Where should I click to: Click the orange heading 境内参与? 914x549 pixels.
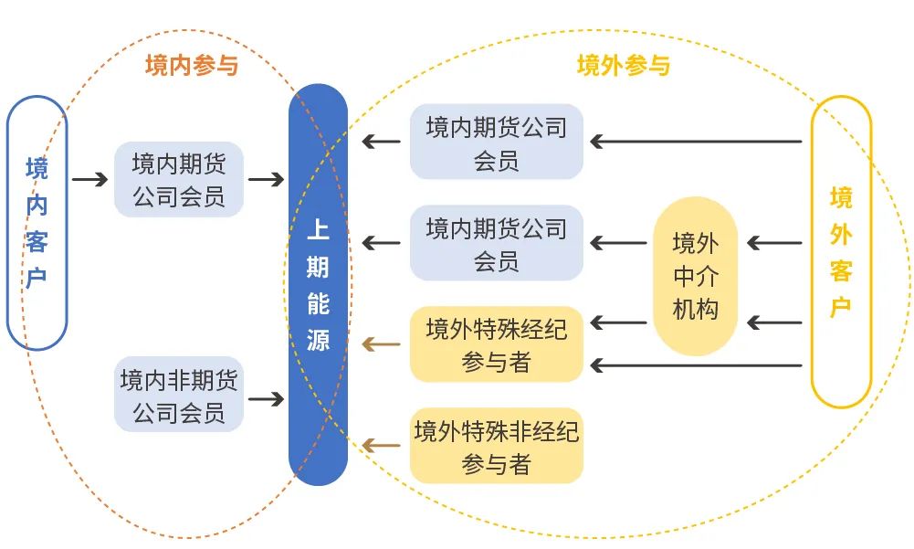191,66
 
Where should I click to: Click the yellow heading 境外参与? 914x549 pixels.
624,66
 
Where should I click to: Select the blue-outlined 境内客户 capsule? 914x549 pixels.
37,223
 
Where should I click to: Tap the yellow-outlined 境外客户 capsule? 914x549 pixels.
841,251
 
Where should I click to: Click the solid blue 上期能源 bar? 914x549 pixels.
318,284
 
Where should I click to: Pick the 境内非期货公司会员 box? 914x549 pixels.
179,395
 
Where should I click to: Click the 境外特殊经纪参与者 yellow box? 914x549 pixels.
496,344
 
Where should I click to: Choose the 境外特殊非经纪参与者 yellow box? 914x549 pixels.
496,446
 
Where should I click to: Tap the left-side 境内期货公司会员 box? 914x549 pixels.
179,179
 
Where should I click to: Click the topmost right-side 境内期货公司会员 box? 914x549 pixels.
496,142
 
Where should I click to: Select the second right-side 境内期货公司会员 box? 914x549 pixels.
496,243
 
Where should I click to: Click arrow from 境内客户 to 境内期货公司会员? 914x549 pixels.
89,179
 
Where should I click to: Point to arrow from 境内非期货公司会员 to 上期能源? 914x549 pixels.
266,399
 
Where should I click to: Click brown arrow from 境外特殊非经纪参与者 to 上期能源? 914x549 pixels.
381,446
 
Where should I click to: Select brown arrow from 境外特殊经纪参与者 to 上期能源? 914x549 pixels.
381,344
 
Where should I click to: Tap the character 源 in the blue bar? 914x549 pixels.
318,340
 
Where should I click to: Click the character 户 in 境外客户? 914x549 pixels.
841,306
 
